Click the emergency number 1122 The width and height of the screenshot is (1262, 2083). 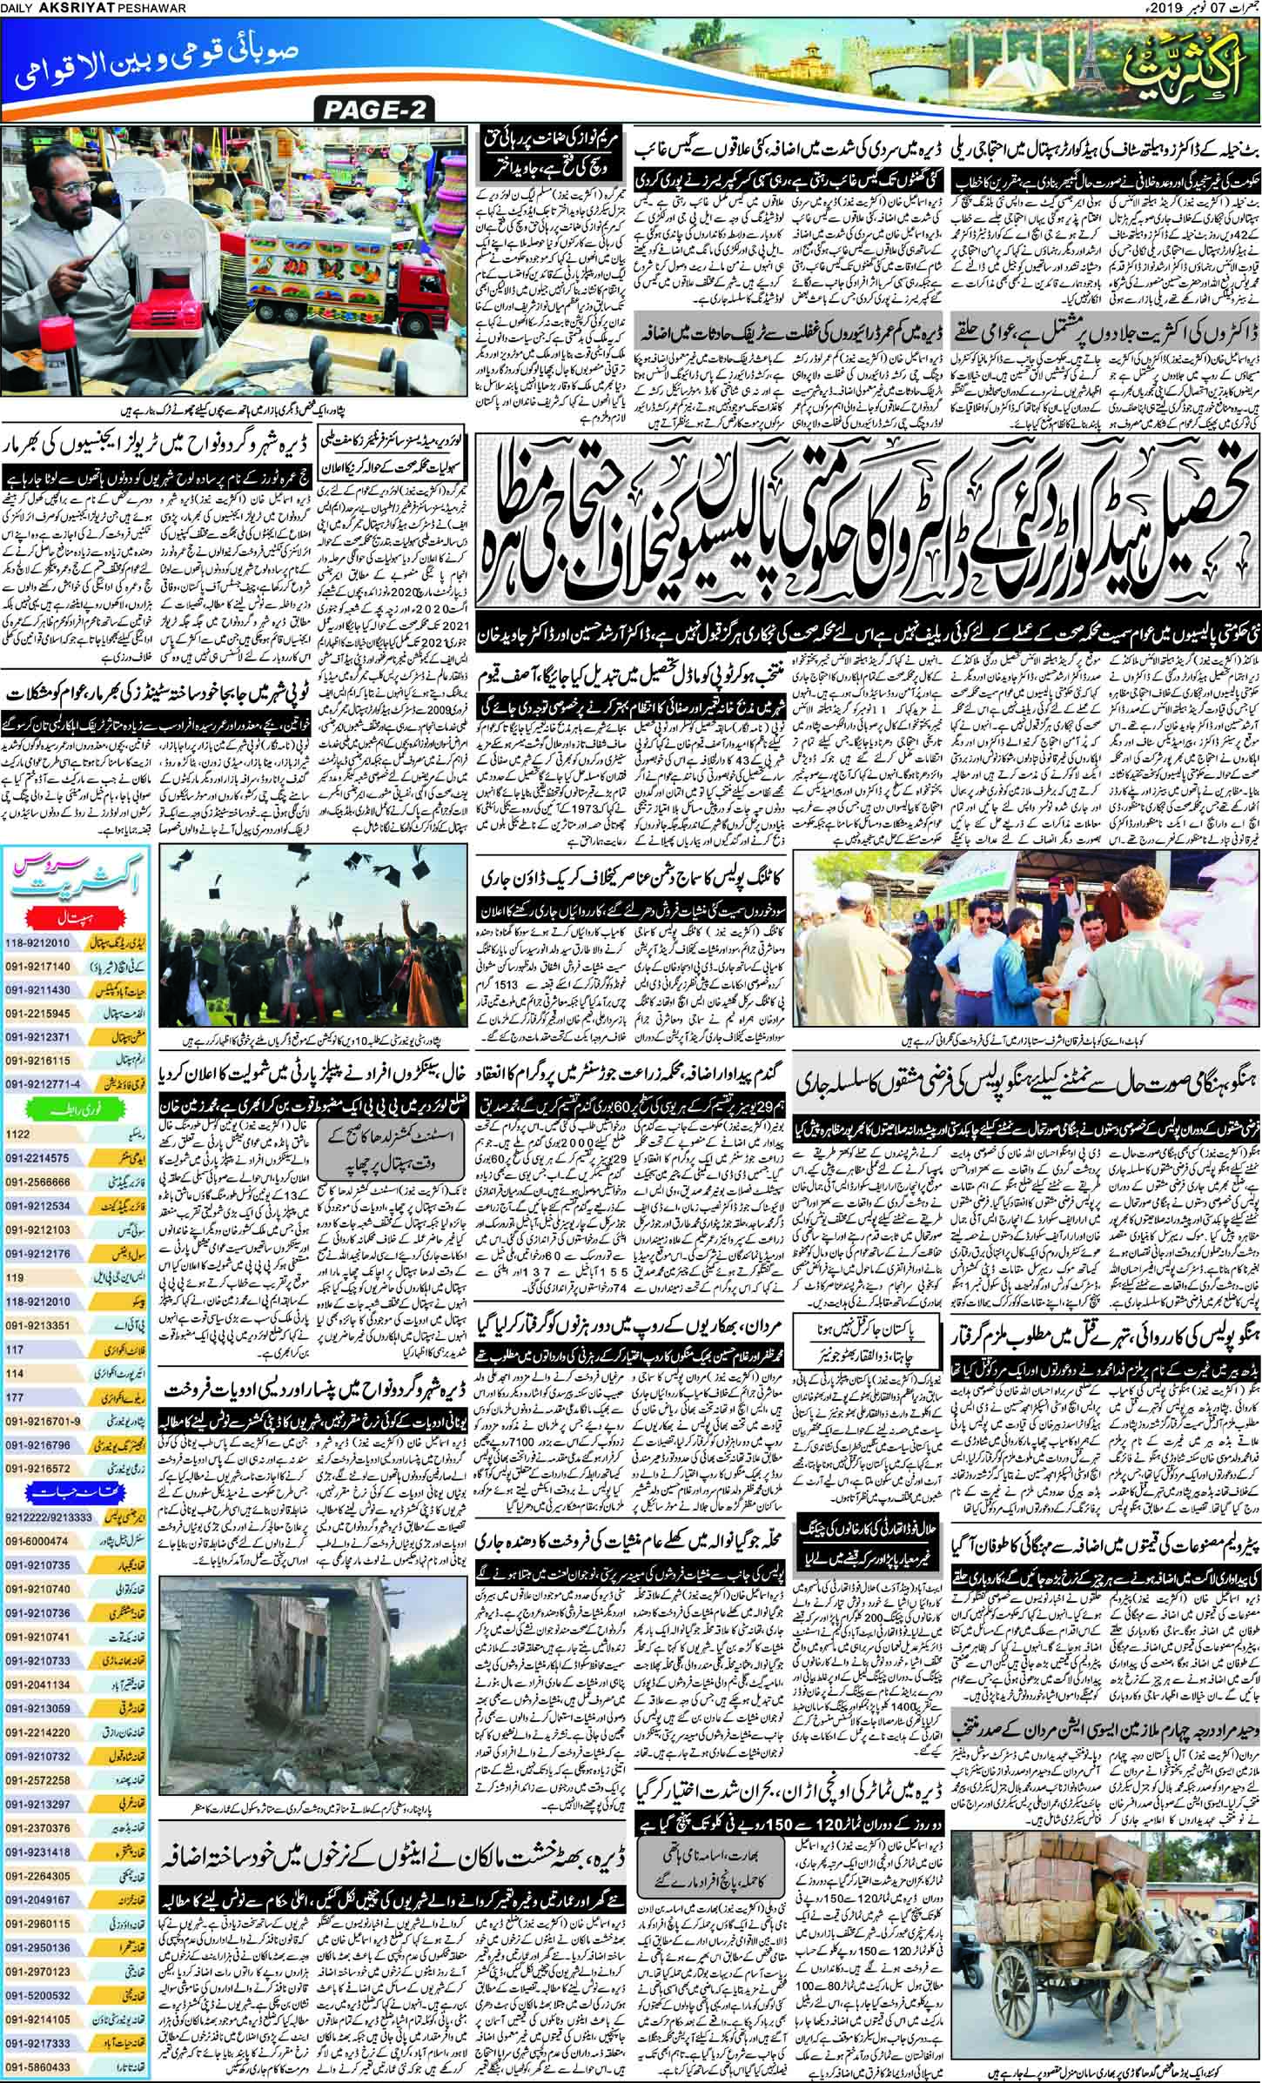click(x=20, y=1135)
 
